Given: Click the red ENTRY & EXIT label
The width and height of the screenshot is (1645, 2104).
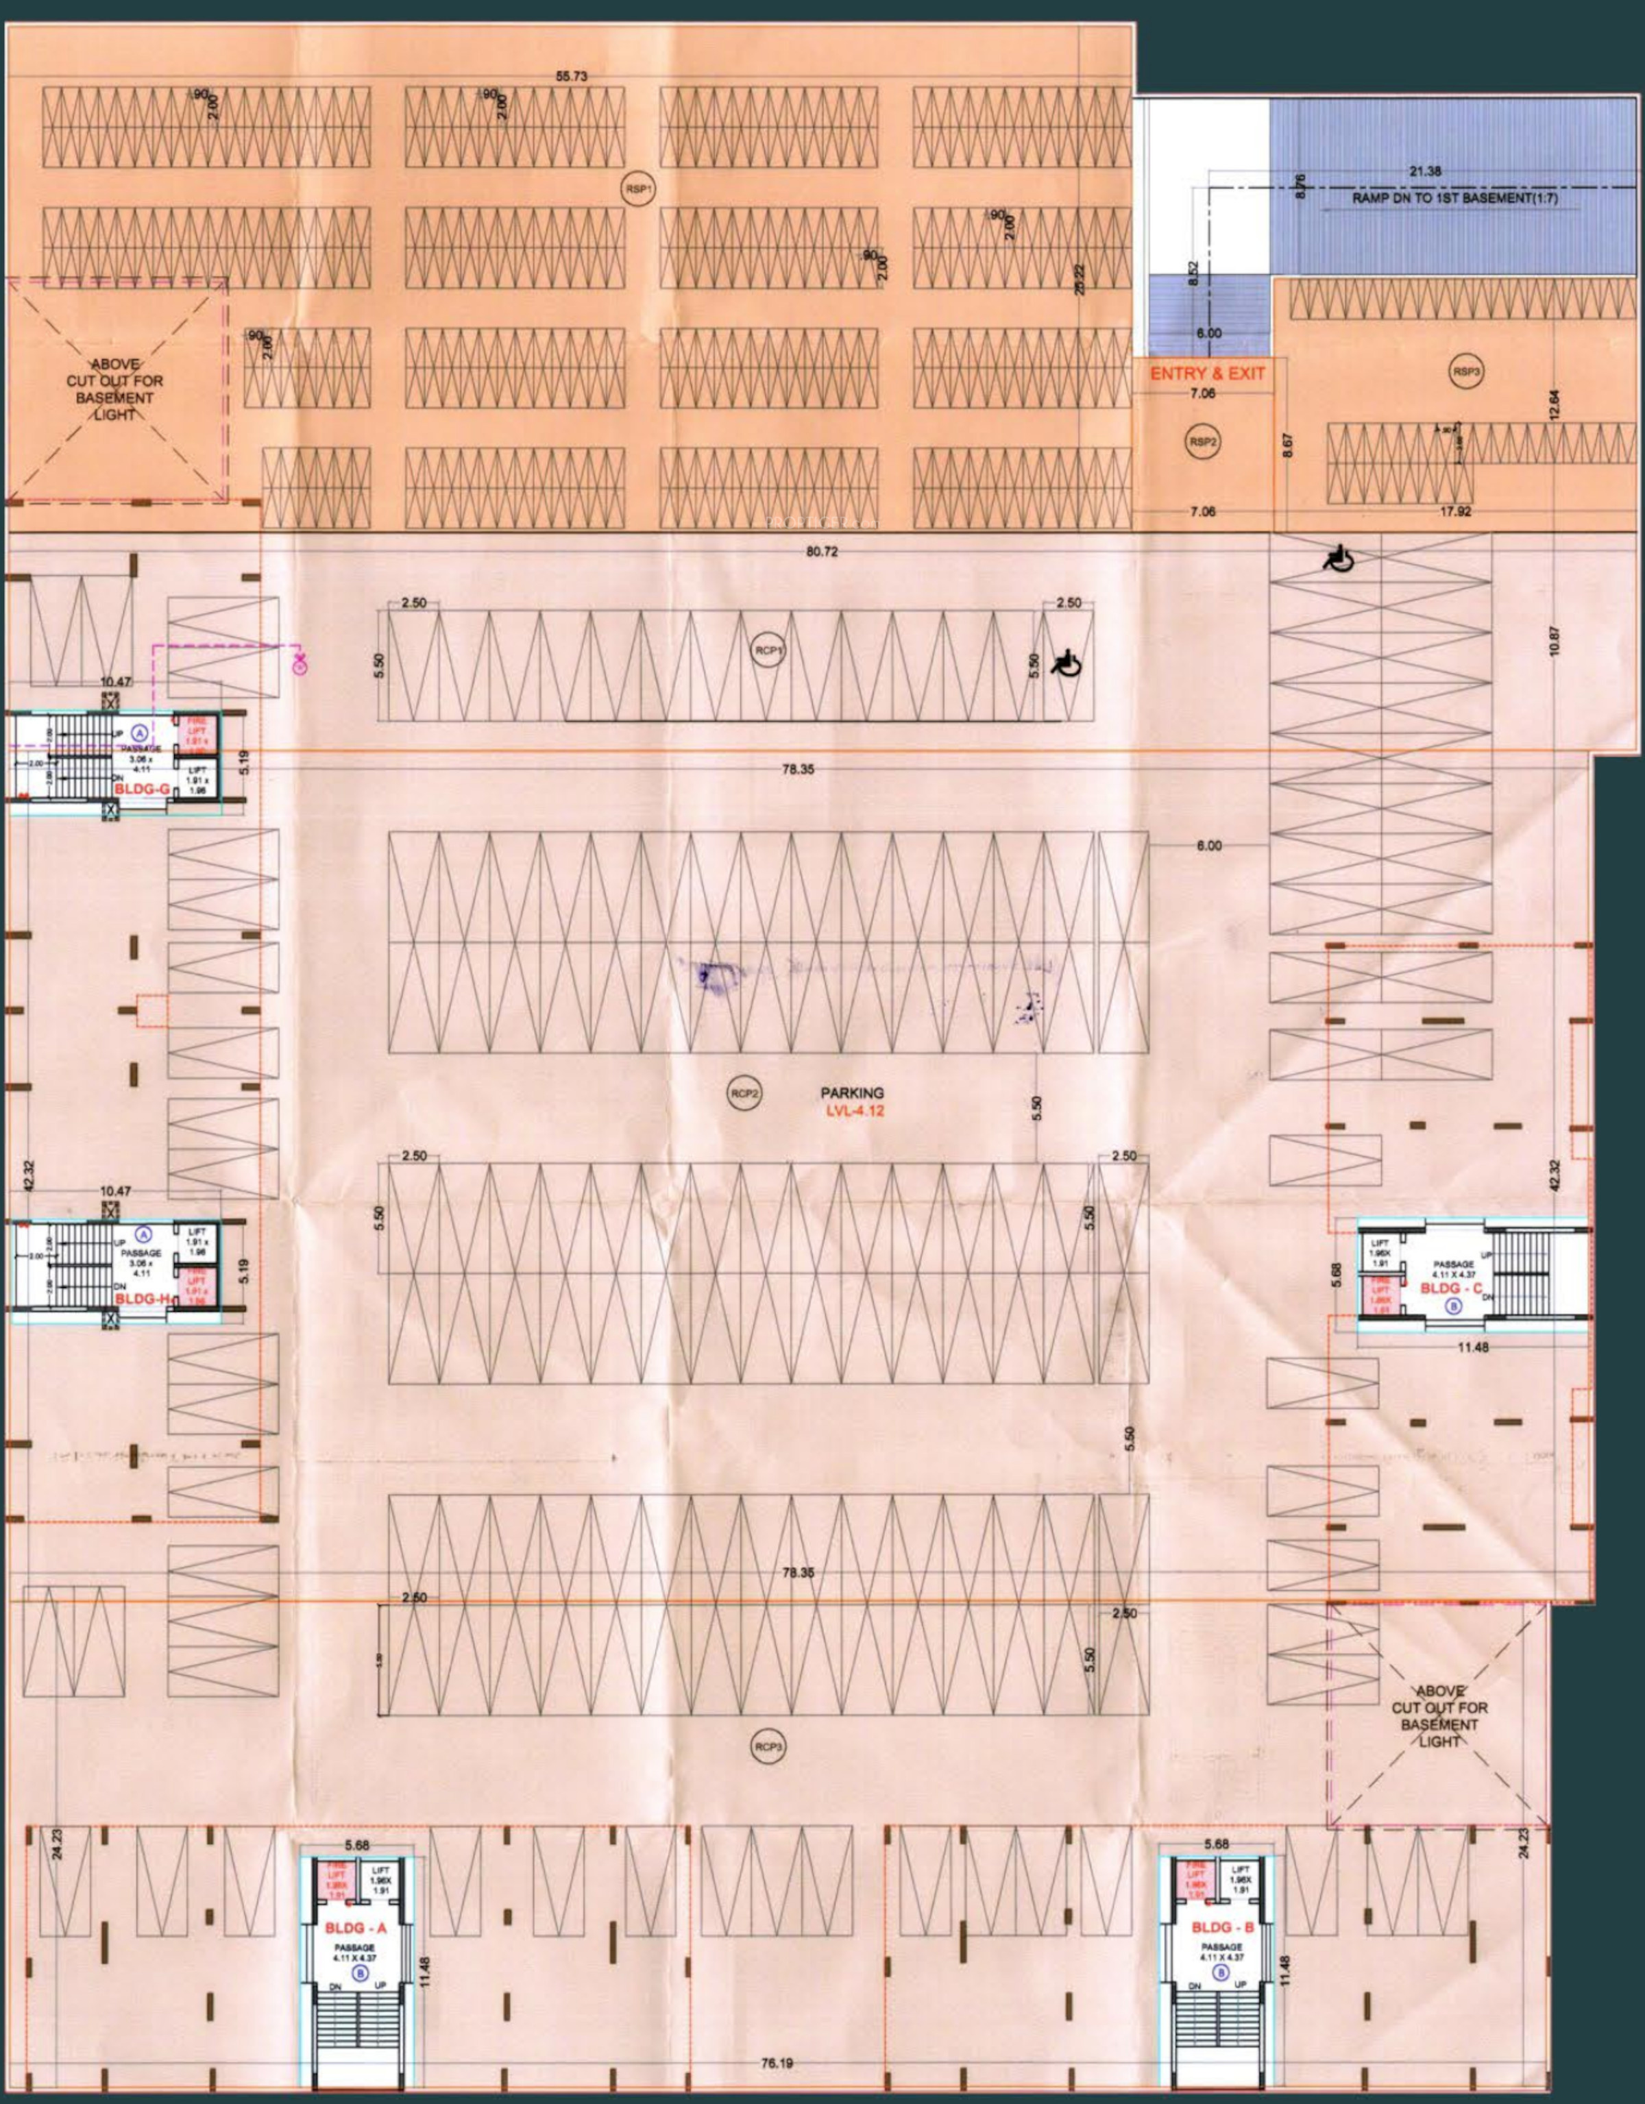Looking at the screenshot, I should pos(1206,373).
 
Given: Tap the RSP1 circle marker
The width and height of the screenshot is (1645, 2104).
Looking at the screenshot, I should pos(637,190).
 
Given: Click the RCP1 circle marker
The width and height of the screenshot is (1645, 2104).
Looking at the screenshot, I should pos(768,651).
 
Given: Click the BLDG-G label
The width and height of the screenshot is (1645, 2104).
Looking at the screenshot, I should pos(142,788).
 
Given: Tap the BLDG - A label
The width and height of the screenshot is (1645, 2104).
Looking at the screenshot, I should pos(356,1928).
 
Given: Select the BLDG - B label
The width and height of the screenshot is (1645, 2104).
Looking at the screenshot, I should pos(1222,1928).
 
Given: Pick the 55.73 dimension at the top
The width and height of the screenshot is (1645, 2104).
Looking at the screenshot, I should pos(572,77).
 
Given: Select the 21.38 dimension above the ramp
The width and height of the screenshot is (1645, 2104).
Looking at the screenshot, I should pos(1425,171).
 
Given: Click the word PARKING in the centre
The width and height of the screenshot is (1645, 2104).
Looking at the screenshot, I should pos(852,1092).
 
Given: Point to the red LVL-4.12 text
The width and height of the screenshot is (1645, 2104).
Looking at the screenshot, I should pos(854,1111).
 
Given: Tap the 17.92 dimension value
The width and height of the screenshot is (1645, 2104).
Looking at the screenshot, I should pos(1455,511).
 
